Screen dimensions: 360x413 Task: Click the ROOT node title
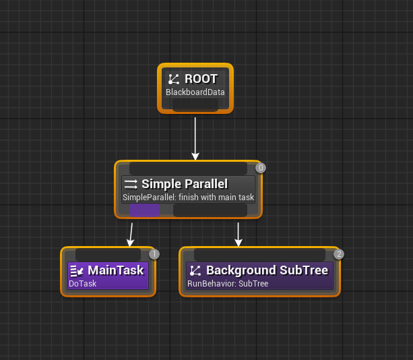coord(201,79)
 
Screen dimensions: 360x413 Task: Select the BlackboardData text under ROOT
coord(195,92)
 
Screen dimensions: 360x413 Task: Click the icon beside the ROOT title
coord(174,79)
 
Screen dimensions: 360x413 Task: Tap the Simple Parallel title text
coord(184,184)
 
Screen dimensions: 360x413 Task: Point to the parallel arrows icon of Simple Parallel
coord(131,184)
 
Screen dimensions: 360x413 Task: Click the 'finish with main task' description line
coord(188,198)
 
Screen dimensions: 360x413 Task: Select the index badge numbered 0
coord(261,168)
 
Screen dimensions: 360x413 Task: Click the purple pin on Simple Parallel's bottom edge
coord(144,210)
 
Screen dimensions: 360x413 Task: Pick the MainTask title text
coord(116,270)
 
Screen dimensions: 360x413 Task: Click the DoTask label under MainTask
coord(83,284)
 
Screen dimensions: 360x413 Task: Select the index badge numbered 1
coord(154,254)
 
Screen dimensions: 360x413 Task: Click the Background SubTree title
coord(267,270)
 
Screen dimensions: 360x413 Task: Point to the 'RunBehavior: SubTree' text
coord(228,284)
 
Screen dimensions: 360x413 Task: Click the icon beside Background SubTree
coord(195,271)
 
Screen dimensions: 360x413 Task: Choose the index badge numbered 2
coord(338,254)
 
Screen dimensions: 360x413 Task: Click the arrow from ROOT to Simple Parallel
coord(195,138)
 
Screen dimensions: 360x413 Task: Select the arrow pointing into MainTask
coord(131,234)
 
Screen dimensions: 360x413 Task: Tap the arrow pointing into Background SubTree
coord(238,234)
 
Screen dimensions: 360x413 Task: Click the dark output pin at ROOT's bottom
coord(195,105)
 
